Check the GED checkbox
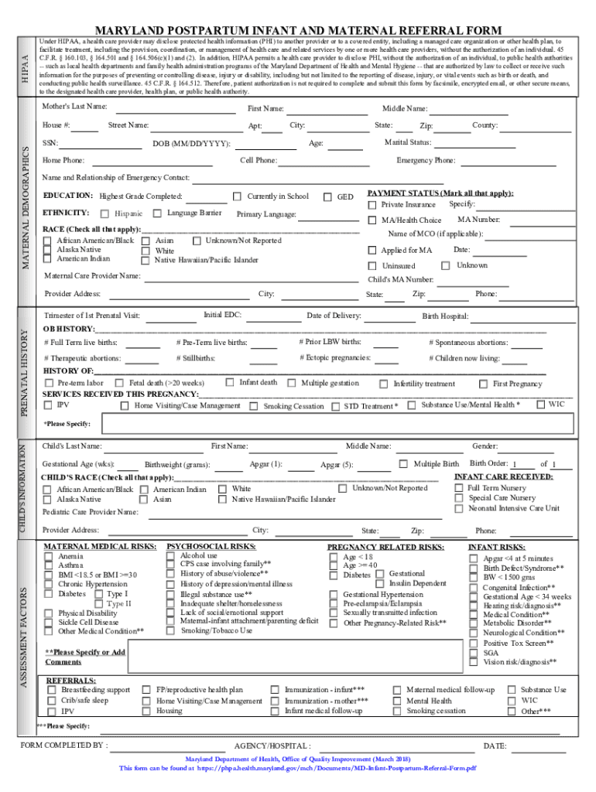[327, 197]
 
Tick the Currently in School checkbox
[238, 197]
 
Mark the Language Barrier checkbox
[157, 213]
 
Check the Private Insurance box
[372, 205]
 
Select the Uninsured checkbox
[372, 266]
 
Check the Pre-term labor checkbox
[50, 384]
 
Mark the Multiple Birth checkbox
[403, 464]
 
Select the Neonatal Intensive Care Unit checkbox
[459, 509]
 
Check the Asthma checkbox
[50, 565]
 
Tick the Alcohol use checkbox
[171, 555]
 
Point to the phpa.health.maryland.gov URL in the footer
[340, 769]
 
